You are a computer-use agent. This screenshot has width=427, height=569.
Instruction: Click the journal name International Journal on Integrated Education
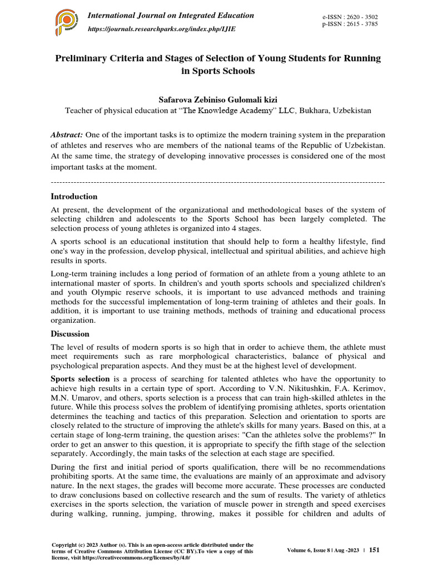[171, 16]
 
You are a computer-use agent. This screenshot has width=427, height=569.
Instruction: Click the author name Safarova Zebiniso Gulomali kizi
[217, 98]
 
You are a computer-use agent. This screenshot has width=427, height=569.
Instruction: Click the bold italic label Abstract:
[67, 135]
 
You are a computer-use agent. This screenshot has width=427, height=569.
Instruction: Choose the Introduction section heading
[74, 196]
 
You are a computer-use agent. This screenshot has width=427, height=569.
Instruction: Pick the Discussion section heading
[70, 334]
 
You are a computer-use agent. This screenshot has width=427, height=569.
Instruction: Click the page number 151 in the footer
[374, 550]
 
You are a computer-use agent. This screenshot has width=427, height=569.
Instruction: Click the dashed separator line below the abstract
[217, 182]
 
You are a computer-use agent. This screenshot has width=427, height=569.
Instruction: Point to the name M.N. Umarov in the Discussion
[73, 398]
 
